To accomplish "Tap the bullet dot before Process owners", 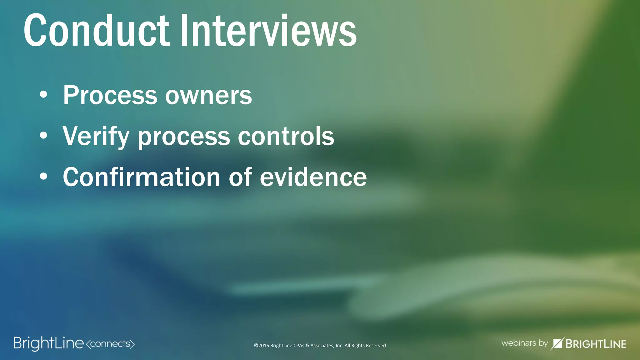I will point(43,95).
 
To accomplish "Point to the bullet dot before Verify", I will point(43,136).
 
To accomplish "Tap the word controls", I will point(286,136).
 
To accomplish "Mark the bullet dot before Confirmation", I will point(43,177).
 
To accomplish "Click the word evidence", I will point(313,177).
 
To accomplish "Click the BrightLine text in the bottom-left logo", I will point(48,343).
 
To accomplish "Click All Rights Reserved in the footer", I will point(365,346).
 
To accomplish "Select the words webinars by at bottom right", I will point(524,343).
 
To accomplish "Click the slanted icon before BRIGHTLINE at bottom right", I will point(557,343).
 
